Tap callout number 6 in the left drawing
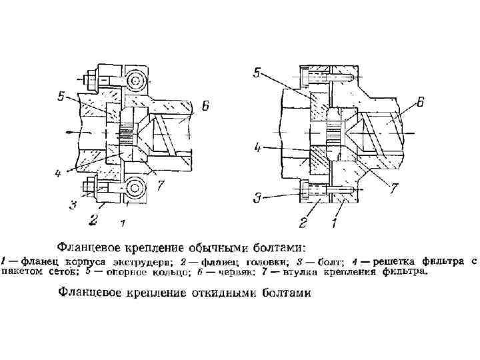(205, 105)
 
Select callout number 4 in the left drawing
(58, 174)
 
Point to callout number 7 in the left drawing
(161, 186)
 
